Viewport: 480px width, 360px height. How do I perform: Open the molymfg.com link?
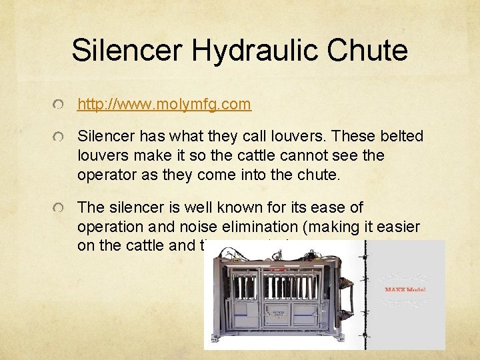165,104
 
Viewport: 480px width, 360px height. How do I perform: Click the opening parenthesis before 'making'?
306,227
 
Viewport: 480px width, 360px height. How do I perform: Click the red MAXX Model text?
405,289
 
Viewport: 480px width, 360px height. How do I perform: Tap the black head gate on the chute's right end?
345,293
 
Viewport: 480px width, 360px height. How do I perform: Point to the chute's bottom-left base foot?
218,341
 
